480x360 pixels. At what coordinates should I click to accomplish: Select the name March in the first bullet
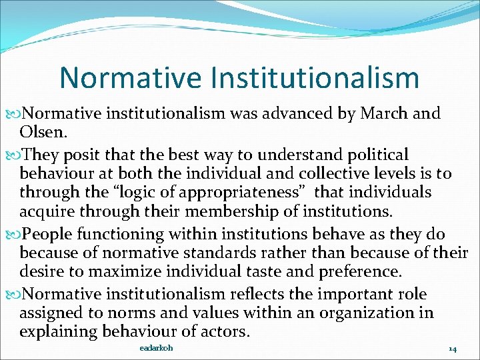pos(382,113)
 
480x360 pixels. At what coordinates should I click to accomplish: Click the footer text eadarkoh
pos(156,348)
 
